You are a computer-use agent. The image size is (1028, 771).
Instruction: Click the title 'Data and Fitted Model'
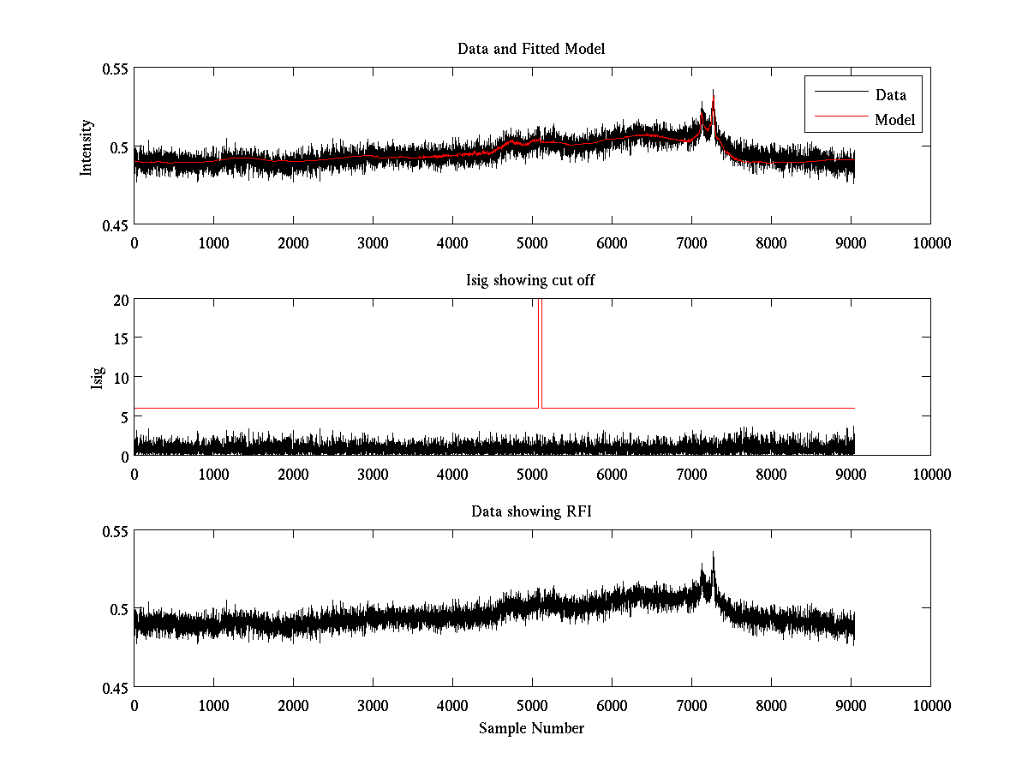click(x=531, y=49)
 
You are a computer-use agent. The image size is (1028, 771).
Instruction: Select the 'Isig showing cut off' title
click(x=531, y=280)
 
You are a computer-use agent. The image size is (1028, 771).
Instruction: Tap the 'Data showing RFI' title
click(x=531, y=511)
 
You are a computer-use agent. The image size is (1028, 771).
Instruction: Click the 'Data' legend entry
click(x=890, y=95)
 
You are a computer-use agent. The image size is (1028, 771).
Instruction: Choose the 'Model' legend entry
click(x=894, y=120)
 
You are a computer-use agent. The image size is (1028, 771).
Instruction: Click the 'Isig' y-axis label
click(x=96, y=378)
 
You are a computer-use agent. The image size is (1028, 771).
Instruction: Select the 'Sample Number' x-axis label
click(x=531, y=728)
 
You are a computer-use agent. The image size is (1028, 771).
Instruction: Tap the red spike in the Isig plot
click(x=540, y=343)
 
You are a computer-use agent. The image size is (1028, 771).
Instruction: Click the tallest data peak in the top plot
click(x=713, y=91)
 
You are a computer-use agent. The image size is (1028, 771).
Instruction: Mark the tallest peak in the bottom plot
click(x=713, y=553)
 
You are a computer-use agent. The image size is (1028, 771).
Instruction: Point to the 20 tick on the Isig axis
click(x=121, y=300)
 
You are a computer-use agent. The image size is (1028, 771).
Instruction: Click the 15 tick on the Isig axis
click(x=121, y=338)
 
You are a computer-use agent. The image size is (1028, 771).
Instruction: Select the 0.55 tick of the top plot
click(x=116, y=69)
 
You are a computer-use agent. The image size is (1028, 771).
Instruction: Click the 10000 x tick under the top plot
click(x=930, y=242)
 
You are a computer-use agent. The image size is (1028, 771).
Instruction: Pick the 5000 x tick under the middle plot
click(x=532, y=474)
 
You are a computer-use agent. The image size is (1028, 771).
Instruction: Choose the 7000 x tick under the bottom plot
click(x=691, y=705)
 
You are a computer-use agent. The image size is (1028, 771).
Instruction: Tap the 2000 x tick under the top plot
click(x=293, y=242)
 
